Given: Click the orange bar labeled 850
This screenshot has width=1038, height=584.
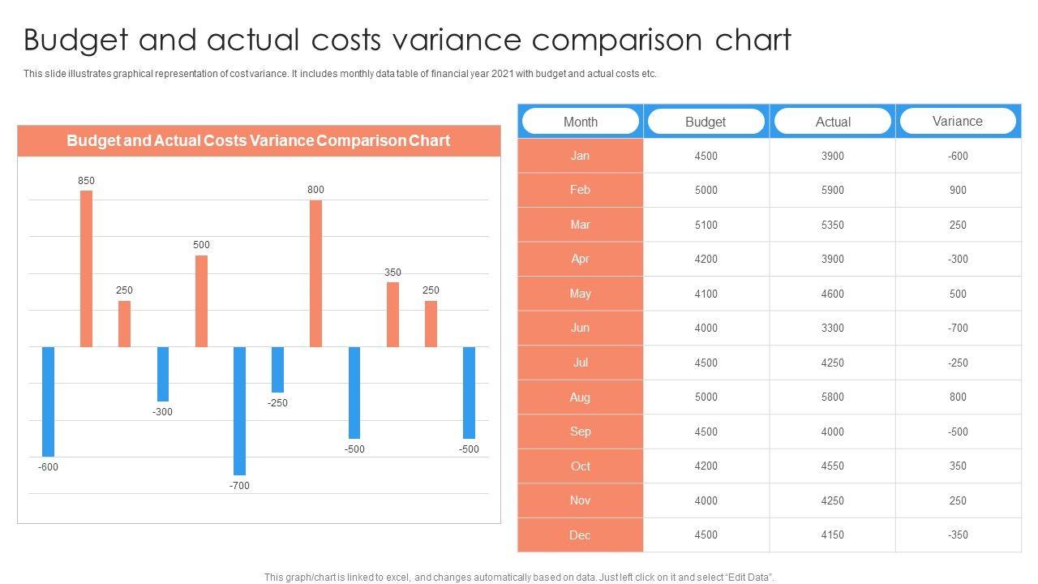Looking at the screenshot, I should [x=86, y=268].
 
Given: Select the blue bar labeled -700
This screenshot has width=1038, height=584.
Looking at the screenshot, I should [x=239, y=410].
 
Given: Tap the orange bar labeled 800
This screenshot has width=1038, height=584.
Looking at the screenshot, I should [x=315, y=273].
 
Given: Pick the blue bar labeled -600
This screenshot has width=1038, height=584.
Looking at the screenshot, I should [x=48, y=401].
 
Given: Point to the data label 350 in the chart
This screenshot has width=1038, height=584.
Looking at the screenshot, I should [x=392, y=273].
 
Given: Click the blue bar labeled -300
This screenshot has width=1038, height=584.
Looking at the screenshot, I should [x=163, y=374].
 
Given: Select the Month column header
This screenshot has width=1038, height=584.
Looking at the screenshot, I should [x=581, y=122].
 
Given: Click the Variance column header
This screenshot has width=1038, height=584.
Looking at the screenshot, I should [x=958, y=121].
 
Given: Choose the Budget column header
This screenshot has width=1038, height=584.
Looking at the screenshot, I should [x=706, y=122].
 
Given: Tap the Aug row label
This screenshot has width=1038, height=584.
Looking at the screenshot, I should [x=581, y=397].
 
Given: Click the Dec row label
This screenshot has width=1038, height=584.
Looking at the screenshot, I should [x=581, y=535].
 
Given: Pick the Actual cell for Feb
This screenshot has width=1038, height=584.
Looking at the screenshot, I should [x=832, y=191].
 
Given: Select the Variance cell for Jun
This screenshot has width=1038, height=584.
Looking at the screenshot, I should [x=958, y=328].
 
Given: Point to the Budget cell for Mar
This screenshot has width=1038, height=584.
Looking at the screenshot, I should [x=706, y=225].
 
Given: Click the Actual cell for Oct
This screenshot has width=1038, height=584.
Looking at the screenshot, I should [x=832, y=466].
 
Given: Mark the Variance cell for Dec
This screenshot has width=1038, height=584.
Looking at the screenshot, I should [x=958, y=535].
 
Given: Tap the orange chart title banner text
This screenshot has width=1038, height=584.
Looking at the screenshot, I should [x=258, y=140].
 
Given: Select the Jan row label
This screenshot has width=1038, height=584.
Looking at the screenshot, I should [x=581, y=156].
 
